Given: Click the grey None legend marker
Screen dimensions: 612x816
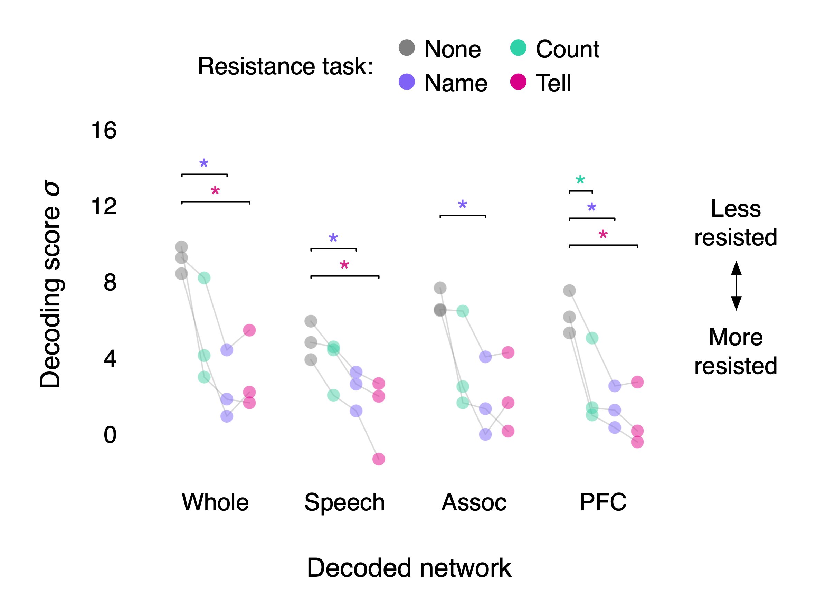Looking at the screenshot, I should pyautogui.click(x=407, y=48).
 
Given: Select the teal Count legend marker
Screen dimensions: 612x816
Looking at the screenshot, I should pyautogui.click(x=518, y=48).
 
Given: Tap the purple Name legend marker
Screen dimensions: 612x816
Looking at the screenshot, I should pyautogui.click(x=407, y=82).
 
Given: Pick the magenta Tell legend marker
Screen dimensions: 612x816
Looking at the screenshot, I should pyautogui.click(x=518, y=82).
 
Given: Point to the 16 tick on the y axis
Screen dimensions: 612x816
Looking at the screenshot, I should pyautogui.click(x=104, y=130).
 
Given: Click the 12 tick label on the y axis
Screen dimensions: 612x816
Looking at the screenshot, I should pyautogui.click(x=104, y=206).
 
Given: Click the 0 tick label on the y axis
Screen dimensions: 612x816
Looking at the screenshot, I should pyautogui.click(x=110, y=435).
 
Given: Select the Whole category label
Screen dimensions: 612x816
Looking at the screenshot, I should pyautogui.click(x=215, y=502).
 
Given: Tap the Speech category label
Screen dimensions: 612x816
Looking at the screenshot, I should pyautogui.click(x=344, y=502).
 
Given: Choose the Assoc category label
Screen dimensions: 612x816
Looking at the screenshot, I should pyautogui.click(x=474, y=502).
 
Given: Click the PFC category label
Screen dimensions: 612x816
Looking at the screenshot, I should pyautogui.click(x=603, y=502).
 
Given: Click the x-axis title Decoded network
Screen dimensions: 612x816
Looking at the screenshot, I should pyautogui.click(x=409, y=567).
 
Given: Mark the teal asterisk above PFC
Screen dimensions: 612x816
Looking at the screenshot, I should pyautogui.click(x=580, y=180).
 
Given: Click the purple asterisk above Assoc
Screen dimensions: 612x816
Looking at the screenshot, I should pyautogui.click(x=462, y=205).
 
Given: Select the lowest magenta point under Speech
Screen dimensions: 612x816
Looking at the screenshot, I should pyautogui.click(x=379, y=459).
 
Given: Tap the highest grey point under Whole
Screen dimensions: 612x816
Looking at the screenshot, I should pyautogui.click(x=181, y=247).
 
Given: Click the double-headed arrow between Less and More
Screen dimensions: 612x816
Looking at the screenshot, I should pyautogui.click(x=736, y=285).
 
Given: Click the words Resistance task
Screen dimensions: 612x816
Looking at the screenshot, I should pyautogui.click(x=285, y=66).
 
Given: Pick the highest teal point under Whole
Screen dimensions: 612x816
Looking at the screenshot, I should pyautogui.click(x=204, y=278).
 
